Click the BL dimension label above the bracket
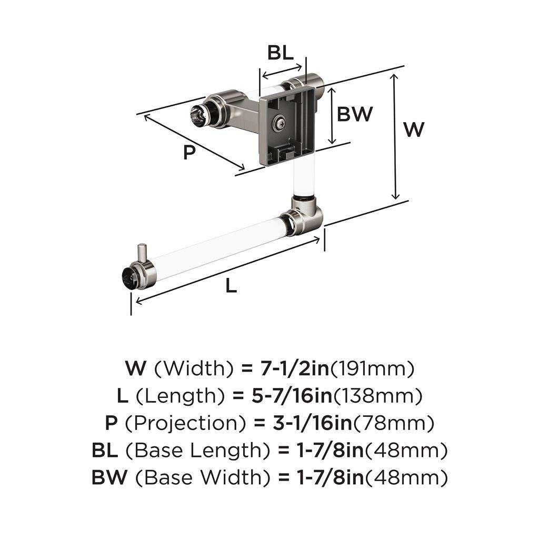pyautogui.click(x=281, y=53)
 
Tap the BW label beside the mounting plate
pyautogui.click(x=355, y=114)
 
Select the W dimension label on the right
pyautogui.click(x=414, y=129)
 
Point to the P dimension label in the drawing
pyautogui.click(x=189, y=152)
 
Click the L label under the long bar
pyautogui.click(x=232, y=285)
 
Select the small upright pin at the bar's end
pyautogui.click(x=142, y=253)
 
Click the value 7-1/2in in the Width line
pyautogui.click(x=295, y=368)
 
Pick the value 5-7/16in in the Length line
pyautogui.click(x=292, y=396)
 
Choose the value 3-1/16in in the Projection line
pyautogui.click(x=313, y=423)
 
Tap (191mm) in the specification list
pyautogui.click(x=372, y=368)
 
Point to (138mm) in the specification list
pyautogui.click(x=378, y=396)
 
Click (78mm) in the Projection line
pyautogui.click(x=393, y=423)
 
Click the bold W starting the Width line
pyautogui.click(x=136, y=368)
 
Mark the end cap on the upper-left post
pyautogui.click(x=198, y=114)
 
